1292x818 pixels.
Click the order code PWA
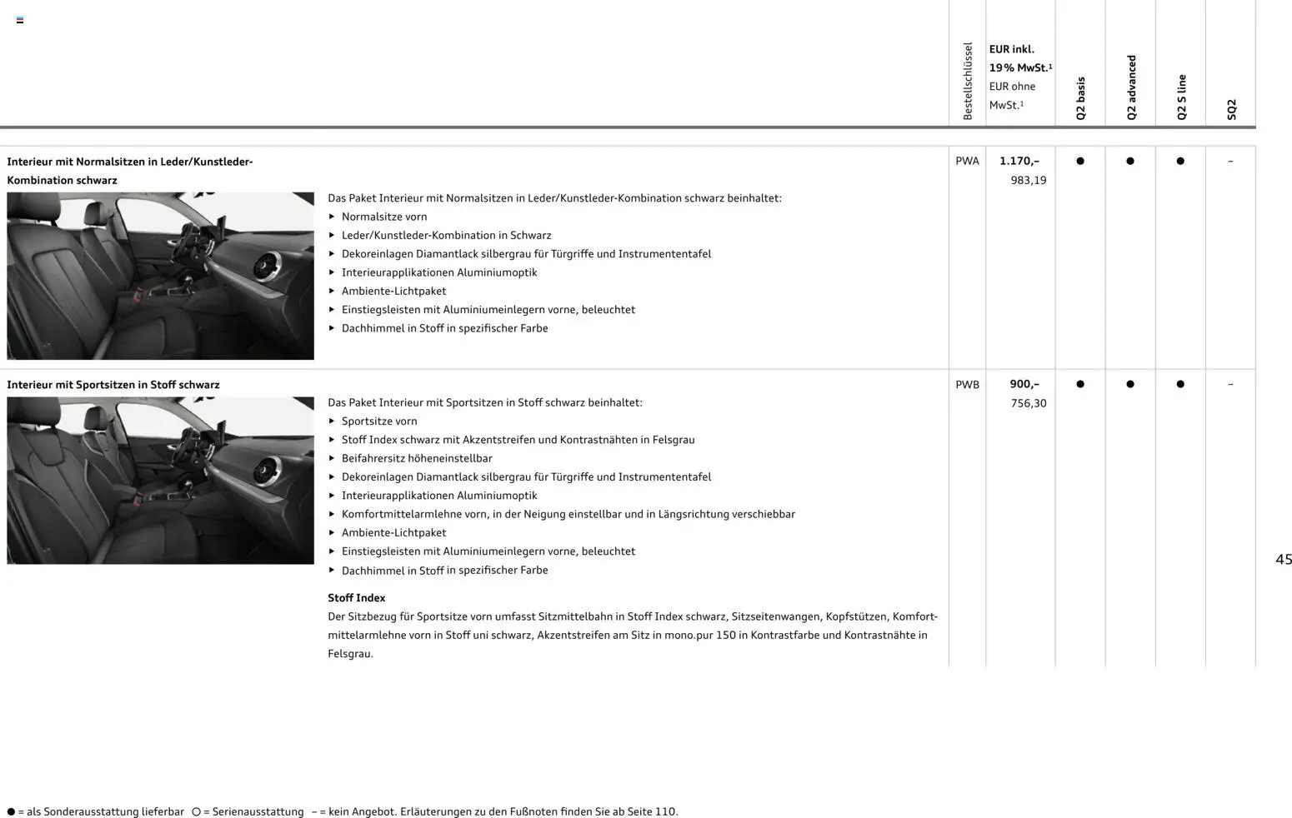coord(967,161)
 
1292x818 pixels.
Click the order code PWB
coord(967,384)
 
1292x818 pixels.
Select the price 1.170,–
coord(1019,161)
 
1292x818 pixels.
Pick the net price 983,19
coord(1028,180)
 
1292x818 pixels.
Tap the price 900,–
coord(1024,384)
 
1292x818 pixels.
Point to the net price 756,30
coord(1028,403)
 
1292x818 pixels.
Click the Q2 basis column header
coord(1080,98)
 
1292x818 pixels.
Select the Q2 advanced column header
coord(1131,87)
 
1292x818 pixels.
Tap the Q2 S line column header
coord(1181,97)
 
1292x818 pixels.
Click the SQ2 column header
coord(1231,109)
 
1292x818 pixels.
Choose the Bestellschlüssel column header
coord(968,81)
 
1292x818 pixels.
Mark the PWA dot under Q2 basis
coord(1080,161)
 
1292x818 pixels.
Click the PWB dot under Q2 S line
coord(1180,384)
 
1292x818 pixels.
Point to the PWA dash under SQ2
coord(1230,161)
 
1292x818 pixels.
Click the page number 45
coord(1283,560)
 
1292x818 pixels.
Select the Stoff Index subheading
coord(356,598)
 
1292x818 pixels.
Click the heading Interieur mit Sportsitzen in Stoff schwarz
coord(113,385)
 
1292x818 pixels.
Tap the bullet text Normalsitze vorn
coord(383,217)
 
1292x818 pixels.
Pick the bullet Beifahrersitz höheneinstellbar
coord(417,458)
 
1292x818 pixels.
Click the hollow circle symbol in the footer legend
coord(196,811)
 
